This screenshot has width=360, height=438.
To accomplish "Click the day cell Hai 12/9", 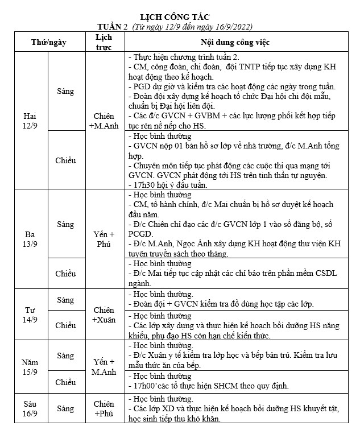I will click(31, 120).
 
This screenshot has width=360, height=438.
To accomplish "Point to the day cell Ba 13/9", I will click(31, 239).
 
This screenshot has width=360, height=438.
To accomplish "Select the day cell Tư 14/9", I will click(31, 315).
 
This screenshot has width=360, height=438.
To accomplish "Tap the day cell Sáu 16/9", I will click(31, 408).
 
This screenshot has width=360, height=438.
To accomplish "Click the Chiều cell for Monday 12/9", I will click(65, 160).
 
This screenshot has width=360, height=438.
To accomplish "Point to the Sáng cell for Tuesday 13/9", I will click(65, 224).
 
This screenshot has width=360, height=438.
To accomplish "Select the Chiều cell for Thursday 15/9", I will click(65, 382).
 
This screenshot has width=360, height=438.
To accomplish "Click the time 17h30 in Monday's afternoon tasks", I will click(144, 185).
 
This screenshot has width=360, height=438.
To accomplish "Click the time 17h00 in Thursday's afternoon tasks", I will click(144, 386).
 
